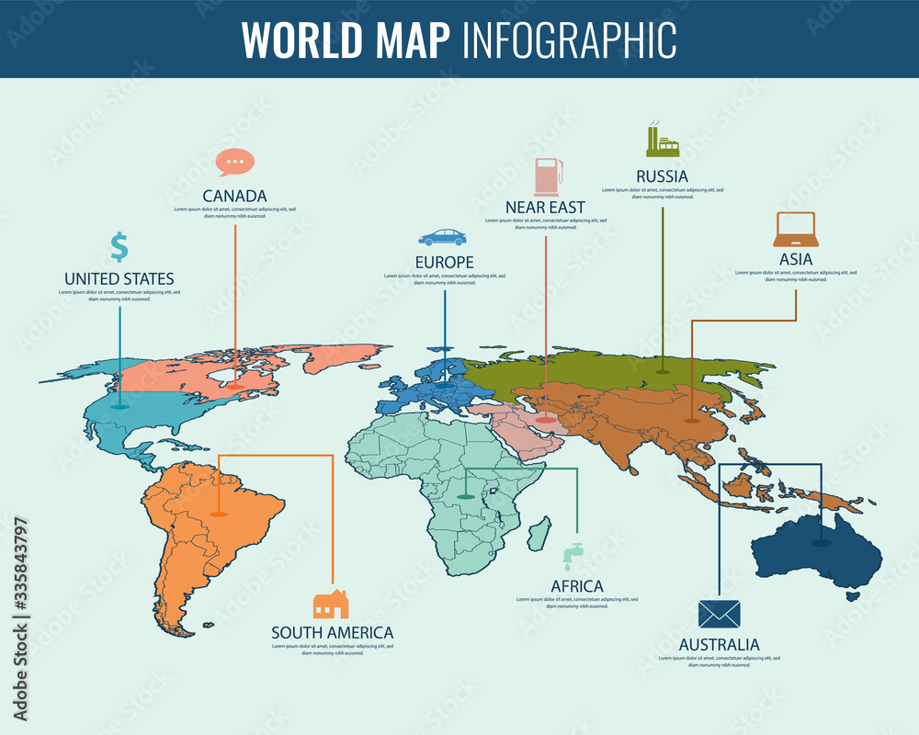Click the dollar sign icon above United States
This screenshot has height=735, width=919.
119,247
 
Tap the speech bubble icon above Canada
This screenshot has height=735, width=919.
234,162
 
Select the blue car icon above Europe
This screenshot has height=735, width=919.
442,237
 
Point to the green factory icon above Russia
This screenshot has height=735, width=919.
662,140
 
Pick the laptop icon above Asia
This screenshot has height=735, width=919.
795,231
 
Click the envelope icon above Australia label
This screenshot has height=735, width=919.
719,614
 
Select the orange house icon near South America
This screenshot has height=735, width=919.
331,604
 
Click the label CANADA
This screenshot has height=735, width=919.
234,196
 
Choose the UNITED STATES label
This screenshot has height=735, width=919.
119,278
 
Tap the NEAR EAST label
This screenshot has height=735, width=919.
545,208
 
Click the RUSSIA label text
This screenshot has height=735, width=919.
662,175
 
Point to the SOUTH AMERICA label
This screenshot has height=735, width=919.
332,632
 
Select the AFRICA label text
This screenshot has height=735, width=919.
577,586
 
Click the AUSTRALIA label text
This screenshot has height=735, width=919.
719,644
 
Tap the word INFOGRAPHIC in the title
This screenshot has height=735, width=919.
570,39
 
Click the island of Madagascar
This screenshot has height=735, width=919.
542,534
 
